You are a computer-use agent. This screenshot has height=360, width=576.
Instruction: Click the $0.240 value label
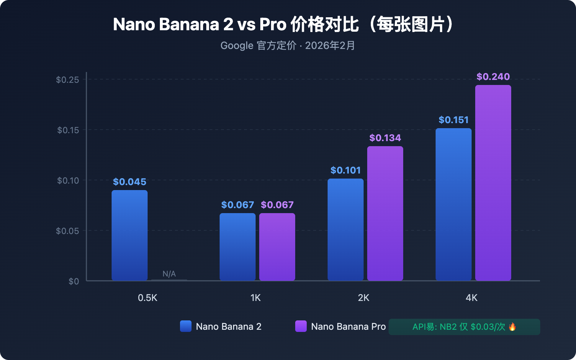(x=493, y=77)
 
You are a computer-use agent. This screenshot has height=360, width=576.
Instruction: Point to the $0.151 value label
(x=454, y=120)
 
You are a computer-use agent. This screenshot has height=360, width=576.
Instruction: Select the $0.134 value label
(x=385, y=138)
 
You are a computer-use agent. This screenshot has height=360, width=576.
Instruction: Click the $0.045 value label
(x=130, y=182)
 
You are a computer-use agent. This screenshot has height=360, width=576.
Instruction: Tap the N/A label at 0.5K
(x=169, y=274)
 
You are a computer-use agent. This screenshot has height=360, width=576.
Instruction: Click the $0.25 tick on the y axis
(x=67, y=80)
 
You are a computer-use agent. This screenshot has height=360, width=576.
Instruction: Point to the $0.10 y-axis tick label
(x=68, y=180)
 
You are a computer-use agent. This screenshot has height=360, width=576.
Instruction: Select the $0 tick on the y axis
(x=74, y=282)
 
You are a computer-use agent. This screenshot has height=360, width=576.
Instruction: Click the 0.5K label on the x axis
(x=148, y=298)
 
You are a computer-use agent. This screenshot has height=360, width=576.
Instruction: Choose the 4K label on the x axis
(x=471, y=298)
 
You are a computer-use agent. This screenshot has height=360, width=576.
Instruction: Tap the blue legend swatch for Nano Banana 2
(x=186, y=326)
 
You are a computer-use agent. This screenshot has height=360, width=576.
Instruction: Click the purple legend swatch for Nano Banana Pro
(x=301, y=326)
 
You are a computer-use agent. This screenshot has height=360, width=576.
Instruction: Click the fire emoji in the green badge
(x=512, y=327)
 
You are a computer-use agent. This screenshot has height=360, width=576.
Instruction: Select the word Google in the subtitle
(x=237, y=46)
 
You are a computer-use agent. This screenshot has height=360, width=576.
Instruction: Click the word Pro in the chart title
(x=273, y=24)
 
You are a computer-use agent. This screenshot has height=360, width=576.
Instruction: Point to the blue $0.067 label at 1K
(x=238, y=205)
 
